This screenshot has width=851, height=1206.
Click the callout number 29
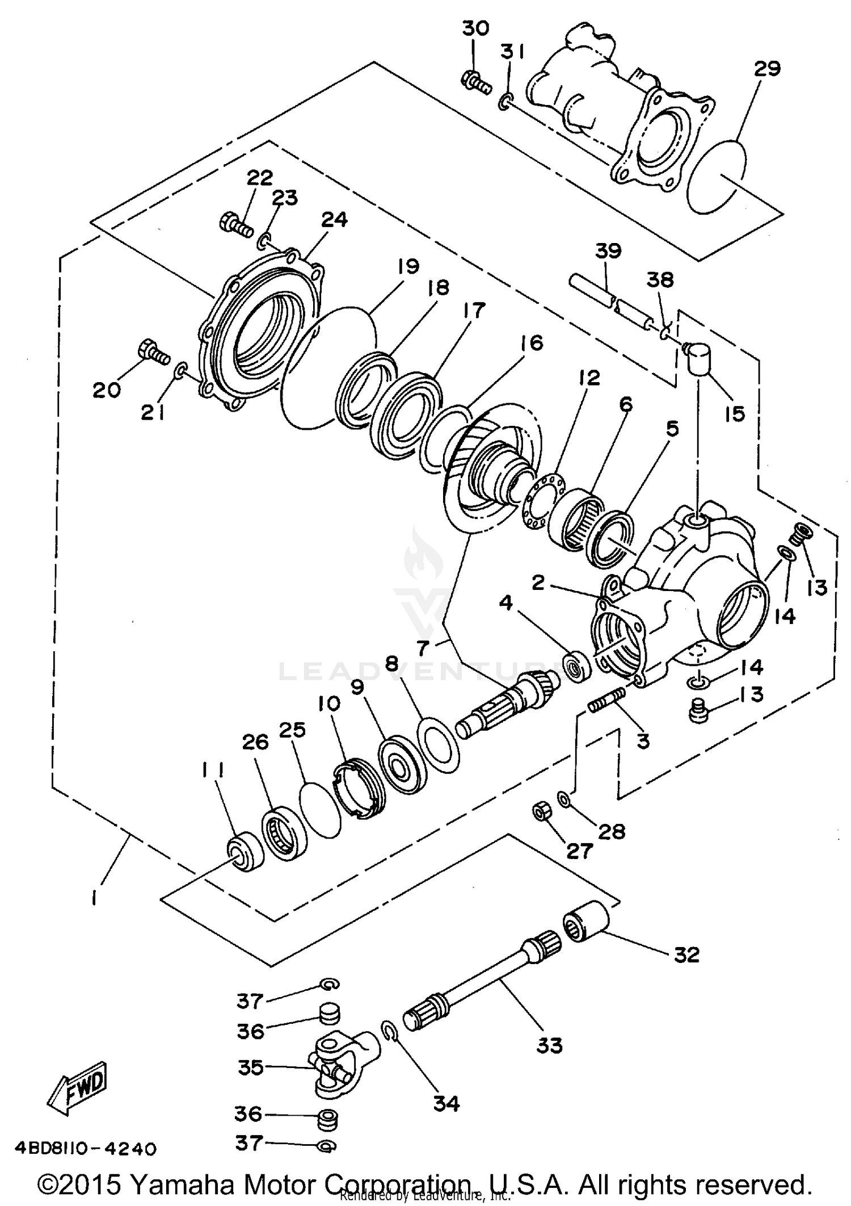tap(767, 69)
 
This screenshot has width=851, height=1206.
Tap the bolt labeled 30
tap(475, 83)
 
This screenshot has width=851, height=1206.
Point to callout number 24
tap(334, 220)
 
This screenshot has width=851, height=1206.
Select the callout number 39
tap(608, 251)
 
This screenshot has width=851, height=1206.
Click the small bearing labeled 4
tap(578, 670)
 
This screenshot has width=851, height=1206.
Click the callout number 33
tap(549, 1045)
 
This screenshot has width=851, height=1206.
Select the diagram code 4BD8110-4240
tap(79, 1149)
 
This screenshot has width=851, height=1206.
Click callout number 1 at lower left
tap(94, 898)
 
